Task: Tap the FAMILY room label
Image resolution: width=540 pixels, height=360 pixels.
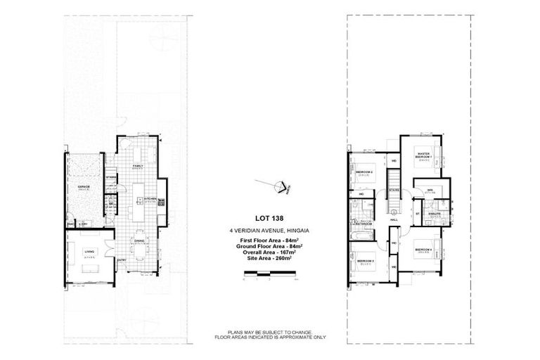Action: pyautogui.click(x=139, y=166)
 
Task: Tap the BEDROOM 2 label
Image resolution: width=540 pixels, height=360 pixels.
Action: pyautogui.click(x=364, y=172)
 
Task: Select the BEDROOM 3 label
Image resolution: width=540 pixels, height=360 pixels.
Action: pyautogui.click(x=364, y=262)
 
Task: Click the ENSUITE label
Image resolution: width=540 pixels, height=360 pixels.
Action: pyautogui.click(x=435, y=214)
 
